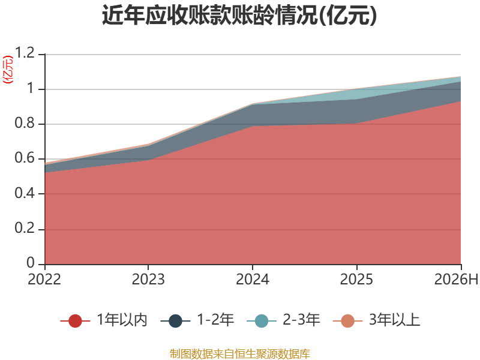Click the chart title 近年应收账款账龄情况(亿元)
click(x=239, y=16)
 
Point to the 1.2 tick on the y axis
click(x=25, y=53)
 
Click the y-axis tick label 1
click(x=31, y=88)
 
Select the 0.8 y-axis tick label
click(x=25, y=123)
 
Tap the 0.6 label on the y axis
click(x=25, y=158)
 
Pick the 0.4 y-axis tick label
click(x=25, y=193)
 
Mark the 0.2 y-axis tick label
click(x=25, y=228)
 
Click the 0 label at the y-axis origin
click(x=31, y=263)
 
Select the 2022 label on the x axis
click(x=44, y=279)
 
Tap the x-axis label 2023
click(x=148, y=279)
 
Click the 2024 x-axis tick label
click(x=253, y=279)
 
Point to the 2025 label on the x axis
click(x=356, y=279)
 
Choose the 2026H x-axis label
click(x=456, y=279)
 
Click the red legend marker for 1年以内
click(x=76, y=321)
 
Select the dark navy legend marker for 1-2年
click(x=175, y=321)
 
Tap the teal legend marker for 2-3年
click(x=262, y=321)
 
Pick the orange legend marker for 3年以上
click(x=348, y=321)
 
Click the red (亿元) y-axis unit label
click(x=8, y=70)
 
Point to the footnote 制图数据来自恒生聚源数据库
click(x=240, y=354)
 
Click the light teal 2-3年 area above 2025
click(x=356, y=94)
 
